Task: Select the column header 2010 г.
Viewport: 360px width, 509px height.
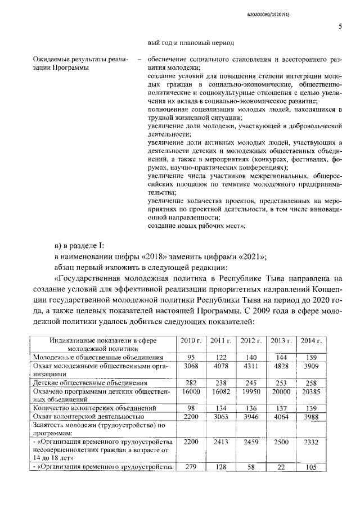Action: pyautogui.click(x=191, y=341)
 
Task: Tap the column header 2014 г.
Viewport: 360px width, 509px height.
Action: pyautogui.click(x=311, y=341)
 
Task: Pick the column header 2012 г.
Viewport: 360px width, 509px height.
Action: pyautogui.click(x=251, y=341)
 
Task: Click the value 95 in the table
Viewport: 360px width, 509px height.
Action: pyautogui.click(x=191, y=357)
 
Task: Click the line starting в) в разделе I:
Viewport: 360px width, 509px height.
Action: pyautogui.click(x=79, y=246)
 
